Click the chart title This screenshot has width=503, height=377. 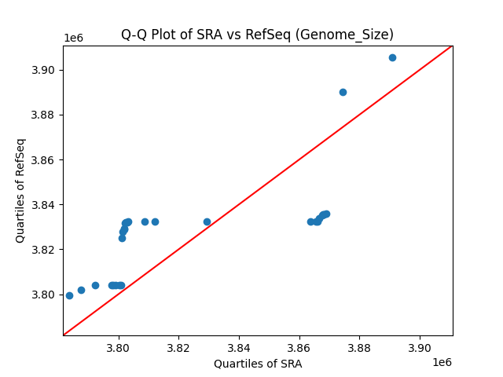pyautogui.click(x=257, y=35)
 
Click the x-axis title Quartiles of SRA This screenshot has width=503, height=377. pyautogui.click(x=257, y=364)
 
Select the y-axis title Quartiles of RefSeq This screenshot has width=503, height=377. pyautogui.click(x=20, y=190)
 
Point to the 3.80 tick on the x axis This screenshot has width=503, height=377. pyautogui.click(x=118, y=347)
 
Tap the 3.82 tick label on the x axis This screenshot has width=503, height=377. pyautogui.click(x=178, y=347)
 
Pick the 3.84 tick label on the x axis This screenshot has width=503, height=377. pyautogui.click(x=239, y=347)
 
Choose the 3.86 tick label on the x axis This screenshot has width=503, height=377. pyautogui.click(x=299, y=347)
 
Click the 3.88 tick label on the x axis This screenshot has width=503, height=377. pyautogui.click(x=359, y=347)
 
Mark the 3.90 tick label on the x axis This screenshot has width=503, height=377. pyautogui.click(x=420, y=347)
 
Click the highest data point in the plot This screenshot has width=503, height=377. pyautogui.click(x=392, y=57)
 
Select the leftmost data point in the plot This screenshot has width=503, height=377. pyautogui.click(x=69, y=295)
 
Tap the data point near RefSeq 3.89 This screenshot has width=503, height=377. pyautogui.click(x=343, y=92)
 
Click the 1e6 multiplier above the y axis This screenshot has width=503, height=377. pyautogui.click(x=73, y=38)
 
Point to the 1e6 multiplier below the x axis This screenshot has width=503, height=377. pyautogui.click(x=442, y=361)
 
